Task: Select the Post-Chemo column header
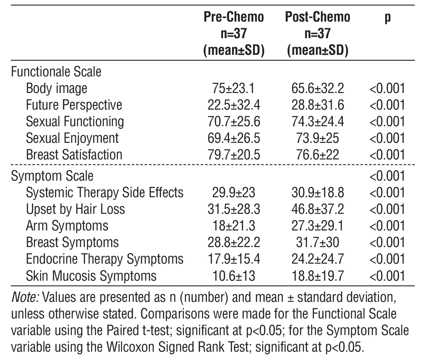click(318, 17)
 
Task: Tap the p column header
click(387, 18)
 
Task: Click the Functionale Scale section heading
click(56, 71)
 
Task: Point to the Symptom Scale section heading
click(52, 176)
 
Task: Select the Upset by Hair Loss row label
click(75, 209)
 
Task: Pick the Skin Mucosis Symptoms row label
click(91, 276)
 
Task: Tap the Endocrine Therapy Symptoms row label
click(104, 259)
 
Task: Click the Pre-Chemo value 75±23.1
click(233, 88)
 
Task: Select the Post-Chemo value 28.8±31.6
click(318, 105)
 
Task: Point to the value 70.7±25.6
click(233, 122)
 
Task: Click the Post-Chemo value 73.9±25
click(318, 138)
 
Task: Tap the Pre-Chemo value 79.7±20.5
click(233, 155)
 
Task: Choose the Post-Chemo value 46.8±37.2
click(318, 209)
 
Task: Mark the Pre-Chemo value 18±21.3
click(233, 226)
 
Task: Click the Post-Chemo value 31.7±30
click(318, 242)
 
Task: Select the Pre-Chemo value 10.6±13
click(233, 276)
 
